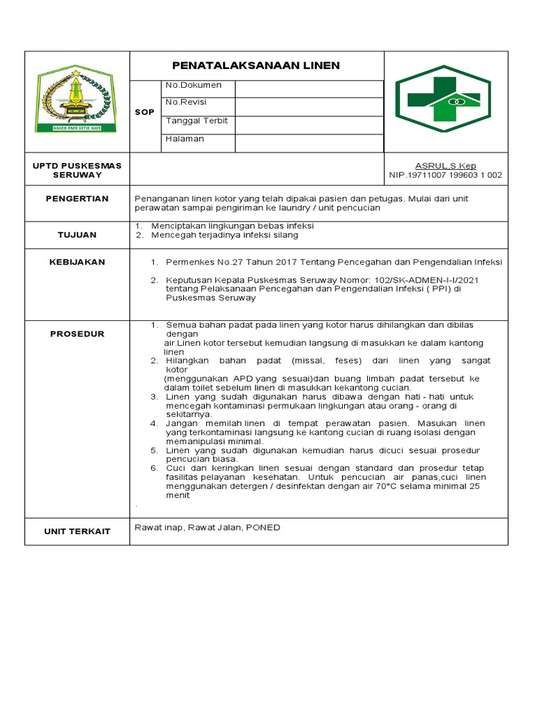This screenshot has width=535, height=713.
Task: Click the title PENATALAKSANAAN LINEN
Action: (256, 65)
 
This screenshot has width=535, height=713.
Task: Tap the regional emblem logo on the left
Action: (77, 100)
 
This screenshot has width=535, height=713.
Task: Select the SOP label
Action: (145, 111)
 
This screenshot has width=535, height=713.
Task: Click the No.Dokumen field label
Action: (193, 85)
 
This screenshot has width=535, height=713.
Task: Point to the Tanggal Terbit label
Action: (196, 120)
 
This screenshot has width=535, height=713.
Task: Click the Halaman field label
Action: (185, 139)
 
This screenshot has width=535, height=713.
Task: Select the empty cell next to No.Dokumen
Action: (309, 88)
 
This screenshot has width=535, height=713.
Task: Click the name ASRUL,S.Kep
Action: (445, 166)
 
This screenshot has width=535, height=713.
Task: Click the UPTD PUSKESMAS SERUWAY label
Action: (77, 170)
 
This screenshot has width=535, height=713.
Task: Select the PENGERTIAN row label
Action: (77, 199)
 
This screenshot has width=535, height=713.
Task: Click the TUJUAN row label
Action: (77, 235)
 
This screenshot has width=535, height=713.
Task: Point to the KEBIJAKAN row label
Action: (77, 262)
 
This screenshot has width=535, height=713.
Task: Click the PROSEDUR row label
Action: (77, 334)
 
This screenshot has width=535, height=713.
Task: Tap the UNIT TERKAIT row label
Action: (77, 531)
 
